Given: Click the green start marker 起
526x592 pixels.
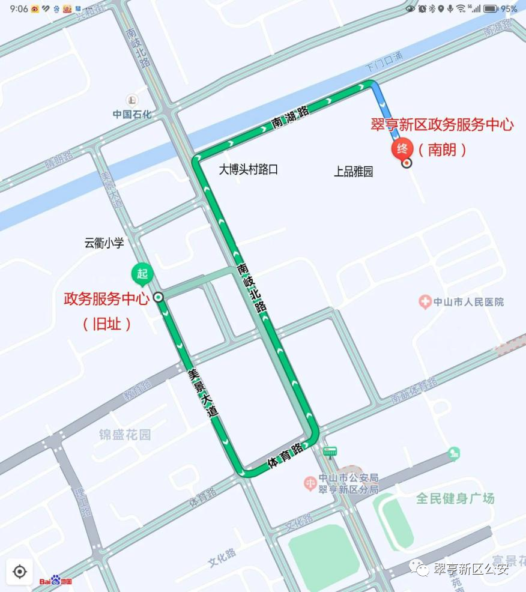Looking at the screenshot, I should click(x=142, y=274).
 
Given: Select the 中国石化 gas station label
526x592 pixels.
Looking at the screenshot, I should click(x=132, y=113).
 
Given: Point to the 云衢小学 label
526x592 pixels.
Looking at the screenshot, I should click(x=104, y=243).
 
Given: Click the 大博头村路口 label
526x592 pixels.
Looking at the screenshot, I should click(x=248, y=169).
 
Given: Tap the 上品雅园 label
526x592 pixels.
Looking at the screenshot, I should click(x=354, y=172).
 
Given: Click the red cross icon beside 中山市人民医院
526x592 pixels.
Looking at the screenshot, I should click(x=425, y=302).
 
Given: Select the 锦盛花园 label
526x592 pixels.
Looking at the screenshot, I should click(x=125, y=434).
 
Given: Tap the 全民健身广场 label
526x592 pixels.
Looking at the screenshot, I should click(x=455, y=498).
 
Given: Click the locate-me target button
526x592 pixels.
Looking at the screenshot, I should click(x=20, y=572).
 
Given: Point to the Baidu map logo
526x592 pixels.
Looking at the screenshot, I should click(x=56, y=581).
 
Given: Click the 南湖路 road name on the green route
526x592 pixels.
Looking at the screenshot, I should click(x=290, y=116).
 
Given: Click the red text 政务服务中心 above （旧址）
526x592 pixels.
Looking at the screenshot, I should click(x=106, y=299).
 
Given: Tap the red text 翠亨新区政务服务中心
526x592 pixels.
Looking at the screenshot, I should click(x=442, y=125).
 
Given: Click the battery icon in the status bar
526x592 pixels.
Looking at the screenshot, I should click(x=491, y=8).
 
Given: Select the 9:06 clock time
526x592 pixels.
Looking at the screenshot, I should click(x=19, y=8).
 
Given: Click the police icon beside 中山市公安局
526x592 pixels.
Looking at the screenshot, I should click(x=310, y=482).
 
